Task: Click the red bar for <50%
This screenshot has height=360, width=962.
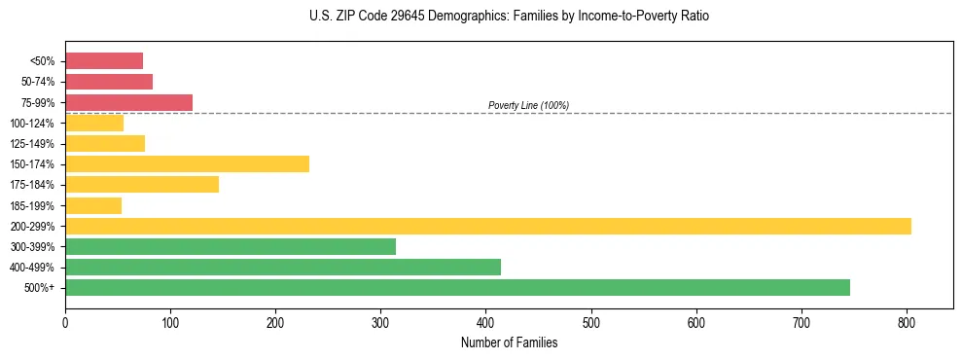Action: (x=104, y=61)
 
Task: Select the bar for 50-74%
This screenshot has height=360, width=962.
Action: (x=109, y=82)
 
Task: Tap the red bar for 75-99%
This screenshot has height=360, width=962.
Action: (x=128, y=102)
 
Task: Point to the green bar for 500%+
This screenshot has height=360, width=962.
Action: (x=457, y=287)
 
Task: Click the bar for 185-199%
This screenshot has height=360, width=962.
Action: (x=93, y=205)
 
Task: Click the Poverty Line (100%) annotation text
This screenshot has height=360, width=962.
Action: (x=528, y=105)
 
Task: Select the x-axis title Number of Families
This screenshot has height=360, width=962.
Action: (x=509, y=342)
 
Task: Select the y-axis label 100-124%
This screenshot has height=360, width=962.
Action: (x=32, y=124)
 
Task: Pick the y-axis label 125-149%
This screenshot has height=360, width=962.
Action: (x=32, y=144)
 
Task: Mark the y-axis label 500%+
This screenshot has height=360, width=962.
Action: (x=40, y=288)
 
